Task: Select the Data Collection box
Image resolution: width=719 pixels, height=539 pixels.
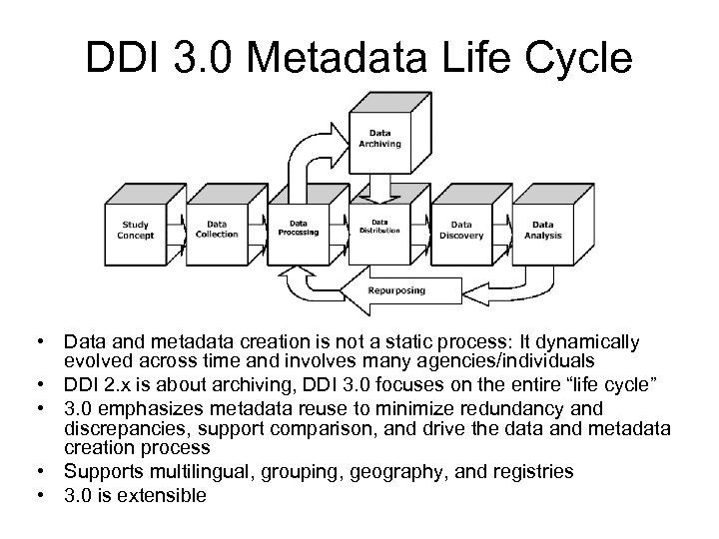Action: click(x=217, y=231)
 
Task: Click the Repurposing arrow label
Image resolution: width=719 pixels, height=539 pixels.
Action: click(x=395, y=291)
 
